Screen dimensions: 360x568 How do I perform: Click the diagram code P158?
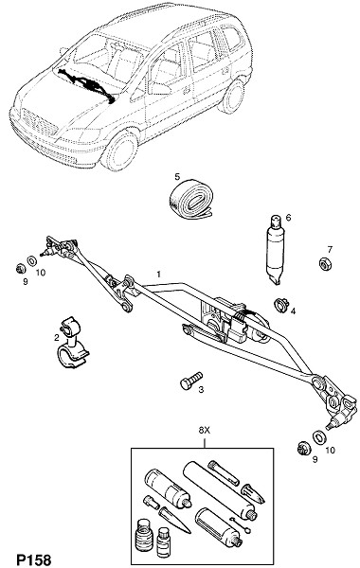[34, 559]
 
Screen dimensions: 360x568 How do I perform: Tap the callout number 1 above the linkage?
[158, 274]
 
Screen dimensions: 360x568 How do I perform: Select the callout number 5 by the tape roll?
[177, 176]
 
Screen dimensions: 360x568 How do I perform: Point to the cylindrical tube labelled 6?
[275, 249]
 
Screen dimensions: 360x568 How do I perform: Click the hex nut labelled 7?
[324, 263]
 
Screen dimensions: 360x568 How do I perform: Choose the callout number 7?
[330, 250]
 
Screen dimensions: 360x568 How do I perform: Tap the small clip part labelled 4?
[280, 304]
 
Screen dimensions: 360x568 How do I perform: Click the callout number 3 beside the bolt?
[201, 390]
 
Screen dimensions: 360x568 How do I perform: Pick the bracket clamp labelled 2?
[72, 343]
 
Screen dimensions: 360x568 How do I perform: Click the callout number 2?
[56, 338]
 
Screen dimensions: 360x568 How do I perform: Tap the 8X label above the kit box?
[204, 431]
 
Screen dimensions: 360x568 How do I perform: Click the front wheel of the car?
[120, 152]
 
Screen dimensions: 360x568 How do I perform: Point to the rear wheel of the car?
[232, 97]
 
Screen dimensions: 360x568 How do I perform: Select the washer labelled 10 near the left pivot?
[32, 260]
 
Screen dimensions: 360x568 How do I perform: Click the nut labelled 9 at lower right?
[302, 449]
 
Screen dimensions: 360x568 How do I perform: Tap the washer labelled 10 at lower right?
[318, 436]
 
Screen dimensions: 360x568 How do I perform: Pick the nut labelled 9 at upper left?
[20, 269]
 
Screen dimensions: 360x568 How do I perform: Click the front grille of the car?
[39, 123]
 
